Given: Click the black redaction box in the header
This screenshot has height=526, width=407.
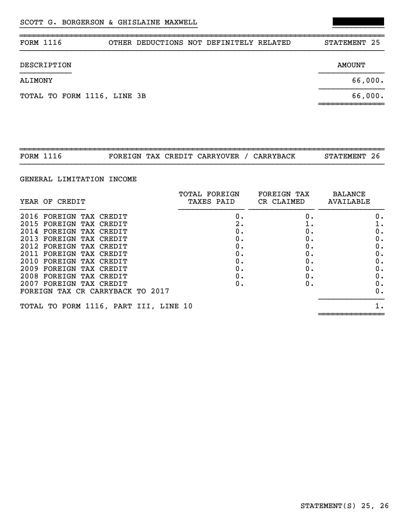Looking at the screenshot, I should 358,22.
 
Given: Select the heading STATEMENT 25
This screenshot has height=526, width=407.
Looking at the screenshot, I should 352,43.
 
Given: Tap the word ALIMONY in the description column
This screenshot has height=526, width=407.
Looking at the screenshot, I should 36,81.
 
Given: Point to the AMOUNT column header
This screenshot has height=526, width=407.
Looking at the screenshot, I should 351,65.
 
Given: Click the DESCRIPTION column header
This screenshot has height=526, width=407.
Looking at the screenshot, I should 45,65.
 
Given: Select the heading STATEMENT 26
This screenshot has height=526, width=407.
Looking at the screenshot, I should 352,156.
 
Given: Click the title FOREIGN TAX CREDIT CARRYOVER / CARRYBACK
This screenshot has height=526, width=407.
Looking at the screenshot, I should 202,156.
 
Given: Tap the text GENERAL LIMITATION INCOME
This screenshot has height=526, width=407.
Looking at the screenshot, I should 78,179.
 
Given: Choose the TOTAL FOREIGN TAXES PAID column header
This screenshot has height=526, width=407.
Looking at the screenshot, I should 208,198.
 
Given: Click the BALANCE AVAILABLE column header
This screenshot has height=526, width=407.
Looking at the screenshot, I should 349,198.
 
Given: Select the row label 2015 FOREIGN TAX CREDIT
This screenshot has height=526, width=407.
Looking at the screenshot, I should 74,224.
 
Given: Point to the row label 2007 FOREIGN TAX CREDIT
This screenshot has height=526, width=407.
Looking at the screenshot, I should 74,284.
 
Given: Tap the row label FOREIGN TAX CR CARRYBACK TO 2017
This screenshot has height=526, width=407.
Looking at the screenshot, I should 95,291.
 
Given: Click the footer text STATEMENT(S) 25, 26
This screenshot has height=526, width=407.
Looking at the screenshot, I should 344,506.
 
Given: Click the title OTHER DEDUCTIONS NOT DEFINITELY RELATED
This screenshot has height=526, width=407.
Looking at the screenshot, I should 200,43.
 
